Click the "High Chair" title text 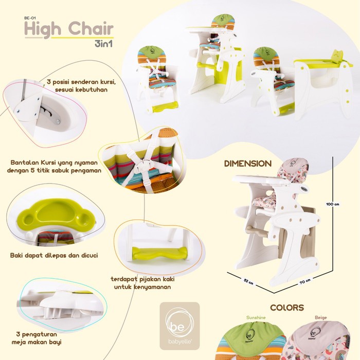tap(68, 29)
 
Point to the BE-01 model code tap(31, 16)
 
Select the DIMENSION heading tap(247, 164)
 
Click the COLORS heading tap(286, 308)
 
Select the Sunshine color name tap(256, 318)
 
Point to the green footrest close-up tap(157, 253)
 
